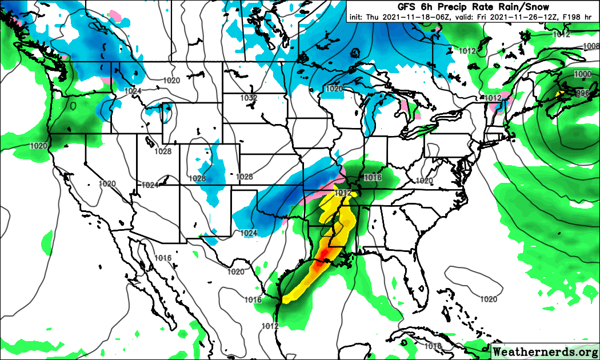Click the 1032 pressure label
pos(248,98)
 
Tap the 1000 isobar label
pos(583,74)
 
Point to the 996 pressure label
pos(583,93)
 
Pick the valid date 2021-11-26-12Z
pos(521,17)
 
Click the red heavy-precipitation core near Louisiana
pos(326,253)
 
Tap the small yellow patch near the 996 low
pos(561,92)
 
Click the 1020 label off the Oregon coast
pos(39,146)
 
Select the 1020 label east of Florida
pos(489,299)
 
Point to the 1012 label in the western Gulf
pos(270,326)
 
